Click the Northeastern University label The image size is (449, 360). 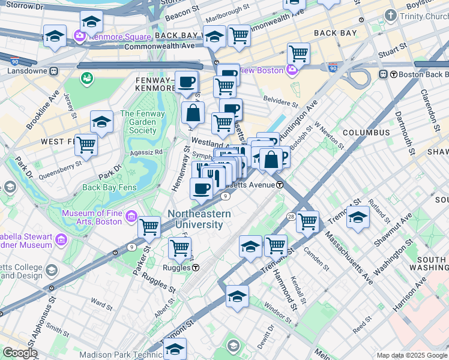point(195,219)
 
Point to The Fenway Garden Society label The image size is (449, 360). point(138,122)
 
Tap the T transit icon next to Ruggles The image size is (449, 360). point(196,268)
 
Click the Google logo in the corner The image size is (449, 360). point(20,353)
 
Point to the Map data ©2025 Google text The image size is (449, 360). point(412,355)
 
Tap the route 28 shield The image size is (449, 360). point(290,215)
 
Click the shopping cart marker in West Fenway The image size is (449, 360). point(86,144)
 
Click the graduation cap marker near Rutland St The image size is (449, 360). point(358,217)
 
